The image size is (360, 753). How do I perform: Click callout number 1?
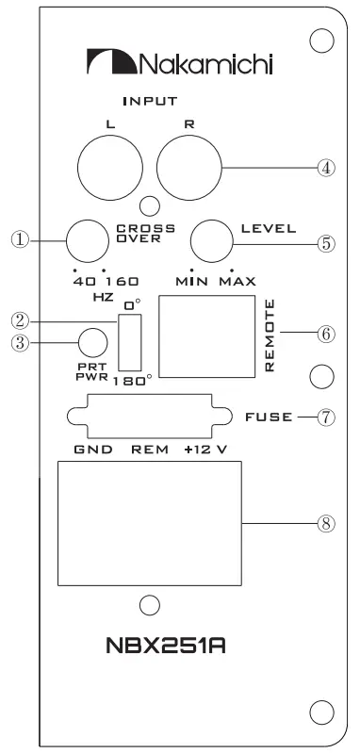coord(13,239)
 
